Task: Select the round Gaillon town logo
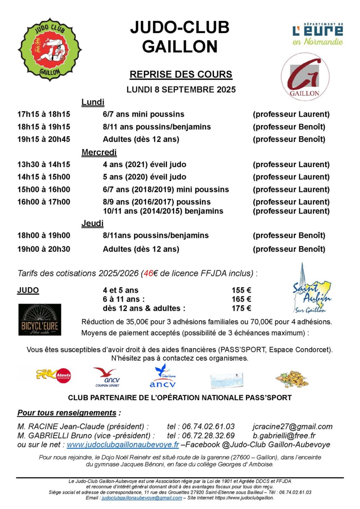pos(305,76)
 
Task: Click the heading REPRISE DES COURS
pos(181,75)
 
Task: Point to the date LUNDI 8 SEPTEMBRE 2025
pos(181,90)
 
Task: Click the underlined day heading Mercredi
pos(99,152)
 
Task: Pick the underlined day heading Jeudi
pos(92,223)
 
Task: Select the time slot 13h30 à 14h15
pos(44,165)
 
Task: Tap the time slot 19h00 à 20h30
pos(44,249)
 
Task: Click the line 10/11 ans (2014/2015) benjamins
pos(163,211)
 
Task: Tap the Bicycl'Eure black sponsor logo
pos(39,319)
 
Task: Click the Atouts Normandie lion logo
pos(53,375)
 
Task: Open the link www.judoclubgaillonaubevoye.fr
pos(123,445)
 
